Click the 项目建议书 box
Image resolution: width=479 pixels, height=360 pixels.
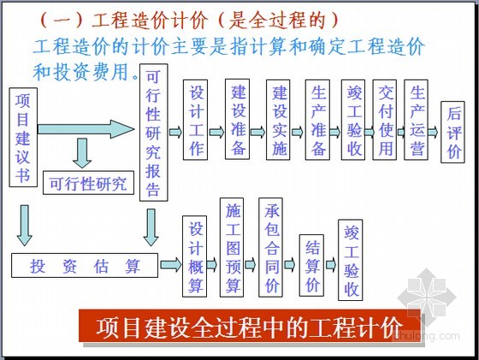[23, 138]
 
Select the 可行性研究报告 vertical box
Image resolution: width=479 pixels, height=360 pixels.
[154, 133]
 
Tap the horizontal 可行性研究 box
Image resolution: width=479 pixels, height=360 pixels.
[89, 183]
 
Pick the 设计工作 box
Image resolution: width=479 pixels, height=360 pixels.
[196, 120]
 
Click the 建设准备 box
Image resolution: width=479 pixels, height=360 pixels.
[238, 119]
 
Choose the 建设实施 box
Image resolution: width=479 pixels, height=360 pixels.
[278, 120]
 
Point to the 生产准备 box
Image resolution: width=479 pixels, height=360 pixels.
[317, 120]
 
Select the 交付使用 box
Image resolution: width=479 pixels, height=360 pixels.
[385, 120]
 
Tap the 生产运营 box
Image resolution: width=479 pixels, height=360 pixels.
[416, 120]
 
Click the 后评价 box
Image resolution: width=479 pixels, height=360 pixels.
[452, 132]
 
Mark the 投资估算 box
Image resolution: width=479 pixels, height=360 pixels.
[85, 265]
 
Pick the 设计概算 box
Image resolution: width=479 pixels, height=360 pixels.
[195, 257]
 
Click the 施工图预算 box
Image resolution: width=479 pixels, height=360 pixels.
[232, 247]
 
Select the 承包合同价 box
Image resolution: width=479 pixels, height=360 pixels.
[270, 247]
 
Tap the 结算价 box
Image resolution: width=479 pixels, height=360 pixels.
[311, 265]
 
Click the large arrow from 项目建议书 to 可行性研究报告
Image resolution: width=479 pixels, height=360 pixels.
[86, 129]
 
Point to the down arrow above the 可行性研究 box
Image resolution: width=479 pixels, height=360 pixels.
[82, 153]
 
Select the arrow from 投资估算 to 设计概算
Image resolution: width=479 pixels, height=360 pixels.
[171, 264]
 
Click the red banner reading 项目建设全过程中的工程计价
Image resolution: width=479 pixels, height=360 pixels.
[250, 326]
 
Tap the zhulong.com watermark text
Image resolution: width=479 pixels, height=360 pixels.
[427, 336]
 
